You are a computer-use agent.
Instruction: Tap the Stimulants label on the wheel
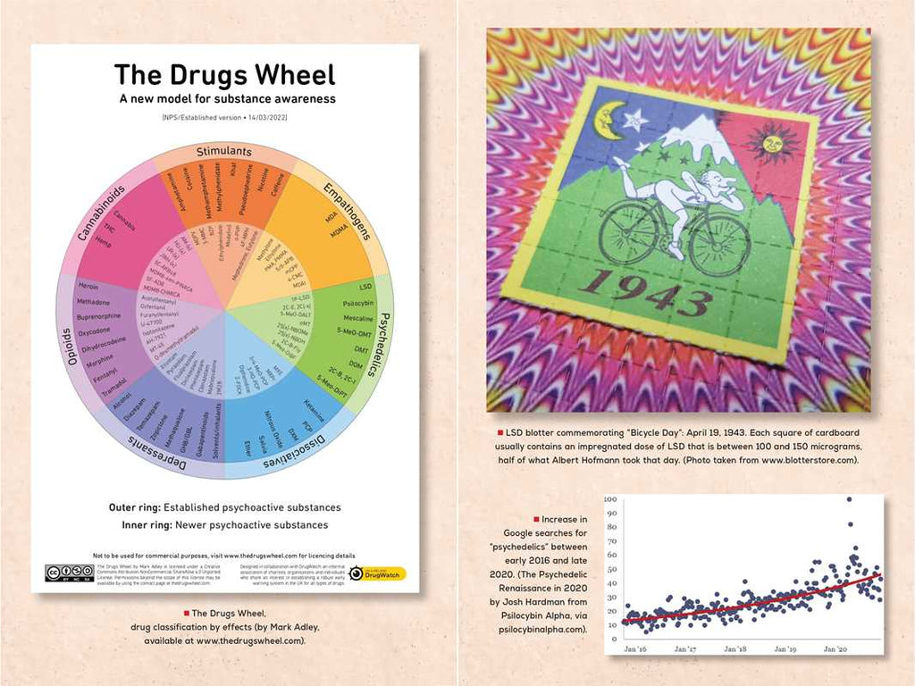coord(222,152)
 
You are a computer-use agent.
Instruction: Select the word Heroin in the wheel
coord(88,286)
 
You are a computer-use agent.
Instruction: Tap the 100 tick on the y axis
coord(612,499)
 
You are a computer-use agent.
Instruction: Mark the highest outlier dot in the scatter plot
coord(848,499)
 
